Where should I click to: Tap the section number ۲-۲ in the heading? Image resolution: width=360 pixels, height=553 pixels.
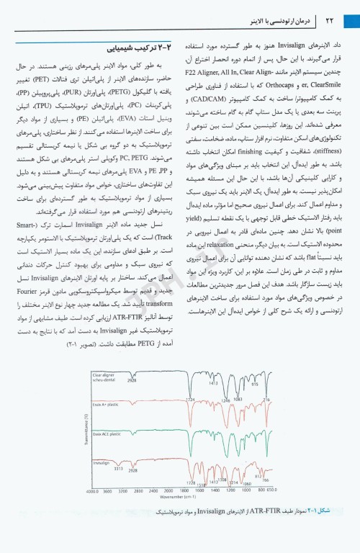[165, 50]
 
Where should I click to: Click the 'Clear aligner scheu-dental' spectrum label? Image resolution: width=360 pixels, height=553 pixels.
[108, 378]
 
